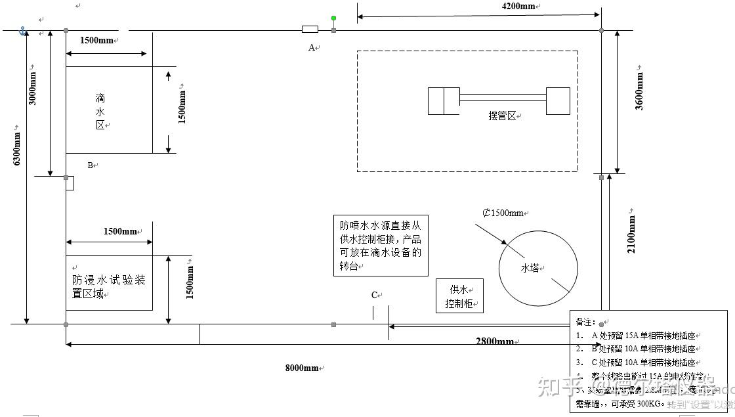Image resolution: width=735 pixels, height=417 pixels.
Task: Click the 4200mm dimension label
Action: click(x=518, y=7)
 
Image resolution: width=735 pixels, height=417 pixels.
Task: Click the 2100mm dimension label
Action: click(x=632, y=234)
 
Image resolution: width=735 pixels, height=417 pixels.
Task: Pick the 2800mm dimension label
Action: click(x=495, y=341)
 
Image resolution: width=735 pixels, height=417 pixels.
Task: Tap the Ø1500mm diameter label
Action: click(x=503, y=213)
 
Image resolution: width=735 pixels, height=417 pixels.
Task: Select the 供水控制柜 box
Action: click(x=459, y=296)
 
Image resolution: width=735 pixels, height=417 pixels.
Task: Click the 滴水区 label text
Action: click(x=100, y=112)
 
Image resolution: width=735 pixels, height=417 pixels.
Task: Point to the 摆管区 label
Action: click(x=503, y=116)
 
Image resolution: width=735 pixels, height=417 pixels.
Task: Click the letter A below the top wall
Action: click(x=312, y=47)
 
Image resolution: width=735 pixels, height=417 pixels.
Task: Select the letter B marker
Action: click(x=91, y=165)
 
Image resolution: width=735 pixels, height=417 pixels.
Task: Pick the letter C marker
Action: click(x=375, y=296)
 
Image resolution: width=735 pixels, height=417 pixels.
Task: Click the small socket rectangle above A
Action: click(x=310, y=30)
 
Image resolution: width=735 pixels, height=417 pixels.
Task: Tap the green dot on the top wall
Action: click(x=333, y=18)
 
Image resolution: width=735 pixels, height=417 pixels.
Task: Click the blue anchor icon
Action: click(x=22, y=31)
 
